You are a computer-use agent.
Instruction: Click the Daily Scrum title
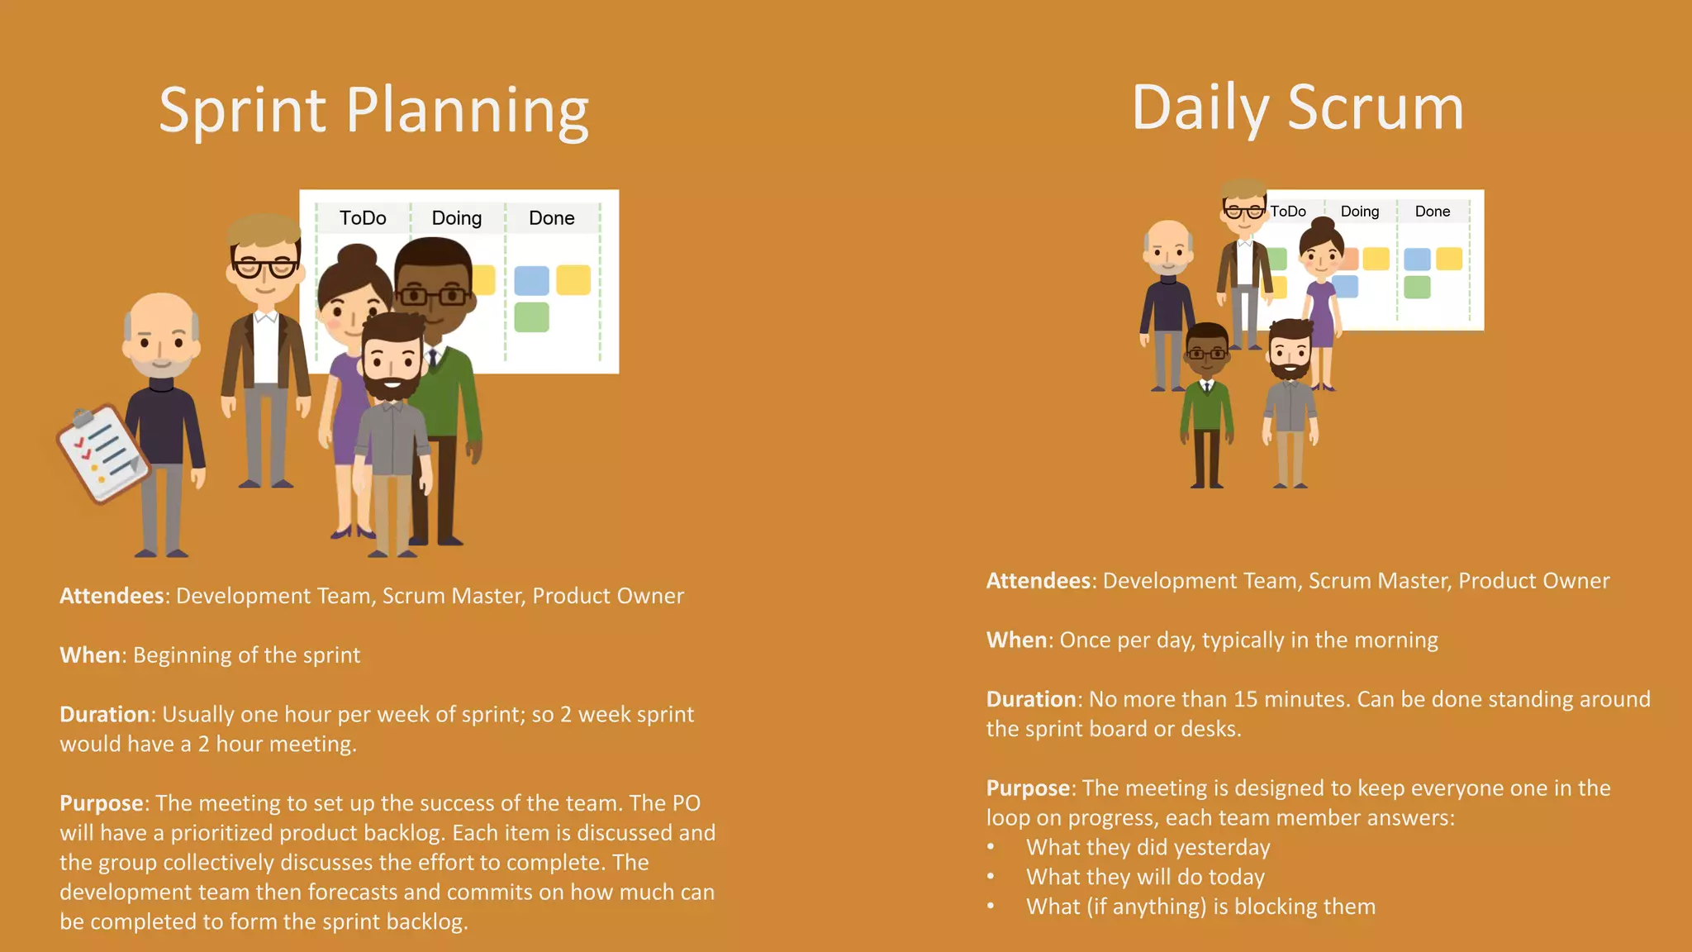click(x=1297, y=108)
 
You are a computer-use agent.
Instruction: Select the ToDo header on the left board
click(x=363, y=218)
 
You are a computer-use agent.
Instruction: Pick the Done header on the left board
click(x=551, y=218)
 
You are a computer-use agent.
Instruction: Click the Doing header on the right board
click(x=1359, y=212)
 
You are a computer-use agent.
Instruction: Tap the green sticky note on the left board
click(x=531, y=317)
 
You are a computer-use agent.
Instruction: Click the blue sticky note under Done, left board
click(x=531, y=281)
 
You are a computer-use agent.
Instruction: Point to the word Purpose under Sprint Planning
click(x=102, y=803)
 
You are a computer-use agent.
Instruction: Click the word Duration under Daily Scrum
click(x=1030, y=699)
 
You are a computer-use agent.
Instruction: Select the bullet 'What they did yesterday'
click(x=1148, y=847)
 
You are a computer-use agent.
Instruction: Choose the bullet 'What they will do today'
click(x=1145, y=877)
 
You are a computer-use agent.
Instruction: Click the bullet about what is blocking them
click(x=1200, y=907)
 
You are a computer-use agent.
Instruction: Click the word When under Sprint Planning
click(x=90, y=655)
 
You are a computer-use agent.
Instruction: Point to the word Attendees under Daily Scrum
click(x=1038, y=581)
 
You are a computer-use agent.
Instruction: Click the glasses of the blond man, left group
click(x=264, y=269)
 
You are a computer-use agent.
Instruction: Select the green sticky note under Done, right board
click(x=1417, y=288)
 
